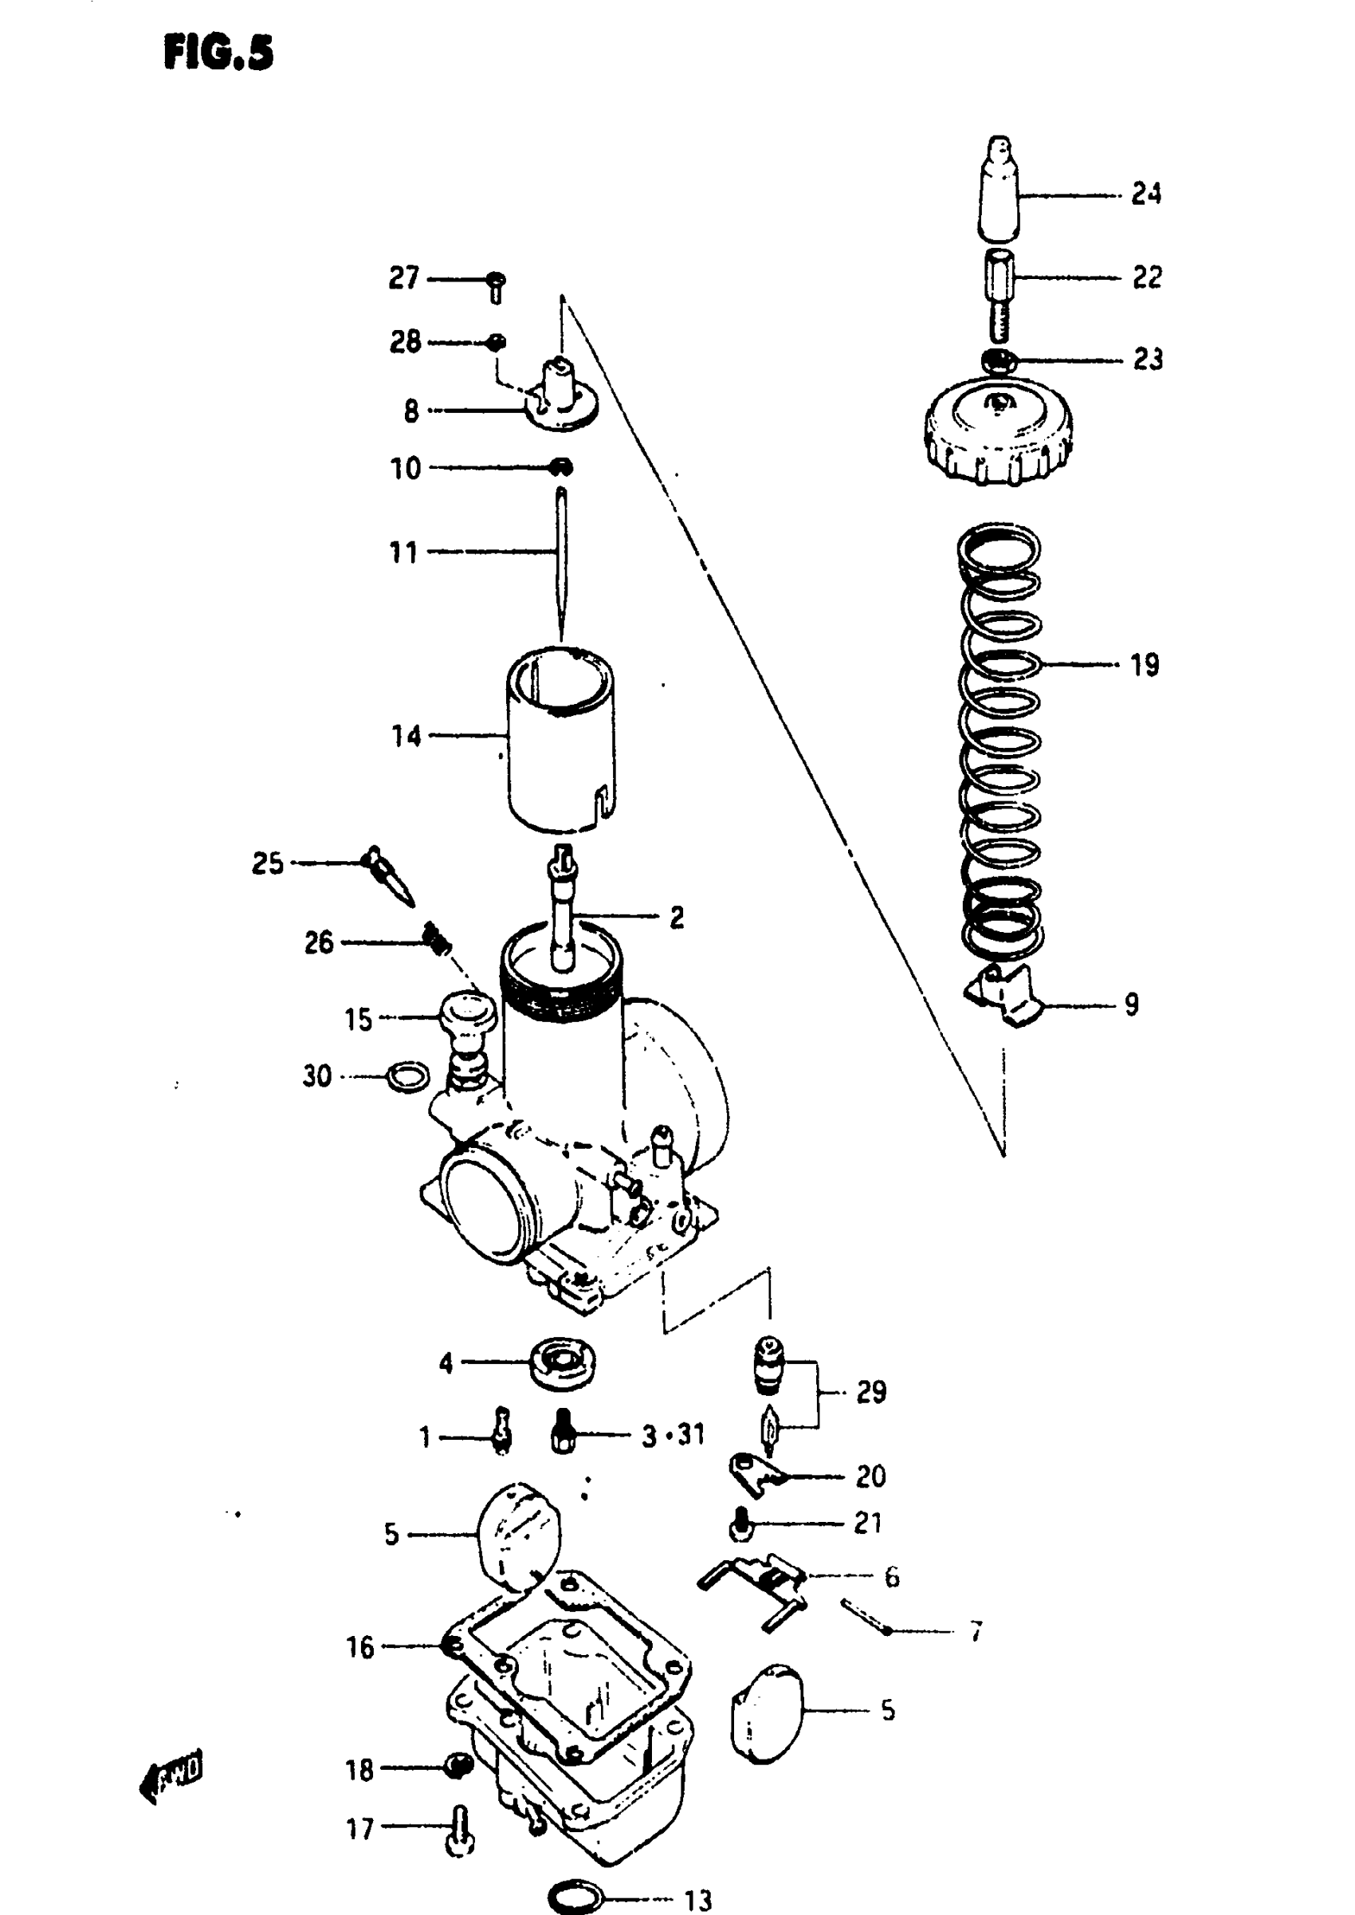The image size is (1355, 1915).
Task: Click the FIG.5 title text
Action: click(218, 54)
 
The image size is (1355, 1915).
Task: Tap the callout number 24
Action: click(1145, 195)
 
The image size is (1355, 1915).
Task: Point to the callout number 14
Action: click(406, 736)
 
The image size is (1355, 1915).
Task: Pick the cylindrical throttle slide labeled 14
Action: click(560, 742)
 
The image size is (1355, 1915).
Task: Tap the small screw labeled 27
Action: click(497, 285)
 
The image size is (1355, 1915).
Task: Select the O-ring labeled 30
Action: click(409, 1076)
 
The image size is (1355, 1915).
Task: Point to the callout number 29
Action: click(870, 1391)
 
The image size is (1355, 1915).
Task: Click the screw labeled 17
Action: click(459, 1829)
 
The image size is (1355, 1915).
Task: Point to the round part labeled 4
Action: click(561, 1363)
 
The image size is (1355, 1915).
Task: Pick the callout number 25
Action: click(268, 863)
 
